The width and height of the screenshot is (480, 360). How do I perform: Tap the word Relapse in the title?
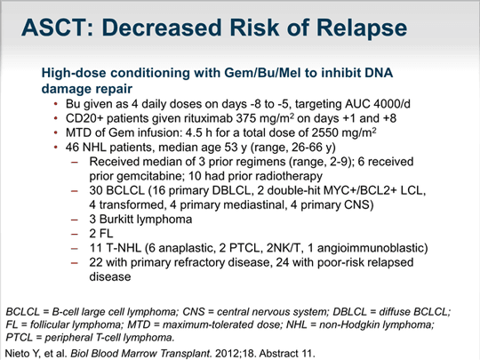(x=362, y=28)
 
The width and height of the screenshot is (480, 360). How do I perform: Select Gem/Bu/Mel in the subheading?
(x=262, y=73)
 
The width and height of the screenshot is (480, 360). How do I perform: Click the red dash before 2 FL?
(x=75, y=234)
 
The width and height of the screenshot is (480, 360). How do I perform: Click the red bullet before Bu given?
(x=56, y=104)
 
